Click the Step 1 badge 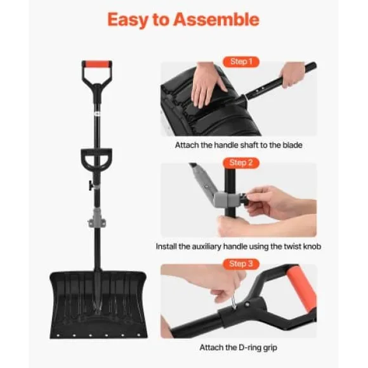pyautogui.click(x=241, y=62)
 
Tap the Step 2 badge pyautogui.click(x=241, y=162)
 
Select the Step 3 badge pyautogui.click(x=241, y=264)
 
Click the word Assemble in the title pyautogui.click(x=216, y=20)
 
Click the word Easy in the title pyautogui.click(x=128, y=20)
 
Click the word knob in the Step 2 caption pyautogui.click(x=312, y=246)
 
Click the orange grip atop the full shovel pyautogui.click(x=96, y=64)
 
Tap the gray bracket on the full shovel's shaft pyautogui.click(x=97, y=218)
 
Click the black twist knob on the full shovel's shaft pyautogui.click(x=91, y=185)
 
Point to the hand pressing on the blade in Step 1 pyautogui.click(x=207, y=84)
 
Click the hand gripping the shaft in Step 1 pyautogui.click(x=292, y=74)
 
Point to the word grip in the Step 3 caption pyautogui.click(x=270, y=348)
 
